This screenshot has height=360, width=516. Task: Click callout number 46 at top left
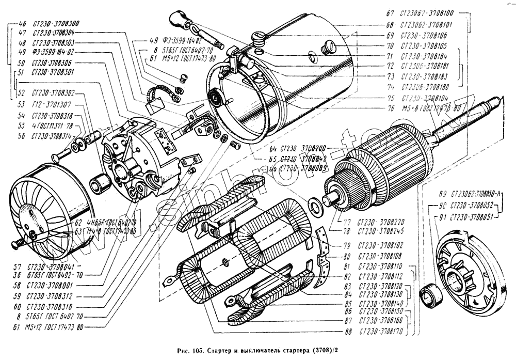click(22, 24)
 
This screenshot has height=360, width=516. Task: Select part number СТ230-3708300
click(56, 24)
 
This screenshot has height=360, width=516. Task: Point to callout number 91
click(440, 216)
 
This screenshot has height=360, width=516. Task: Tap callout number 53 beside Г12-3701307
click(22, 104)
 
